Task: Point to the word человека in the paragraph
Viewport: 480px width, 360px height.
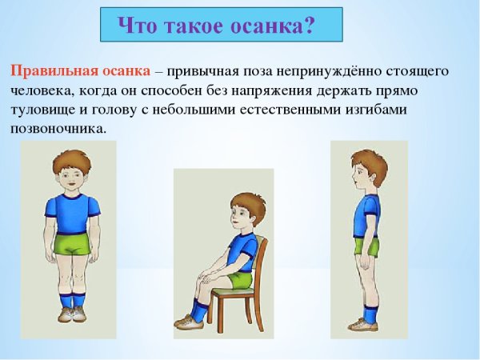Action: coord(40,90)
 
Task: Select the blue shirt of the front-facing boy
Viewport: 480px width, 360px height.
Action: coord(73,213)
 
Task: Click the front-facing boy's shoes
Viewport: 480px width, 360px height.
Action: coord(72,313)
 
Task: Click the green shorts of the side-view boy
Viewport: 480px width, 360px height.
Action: coord(367,246)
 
